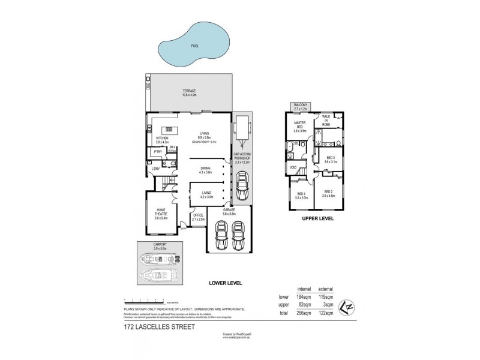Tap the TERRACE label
tap(190, 91)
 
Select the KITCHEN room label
tap(162, 139)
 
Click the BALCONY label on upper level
tap(299, 106)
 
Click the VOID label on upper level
tap(294, 167)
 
